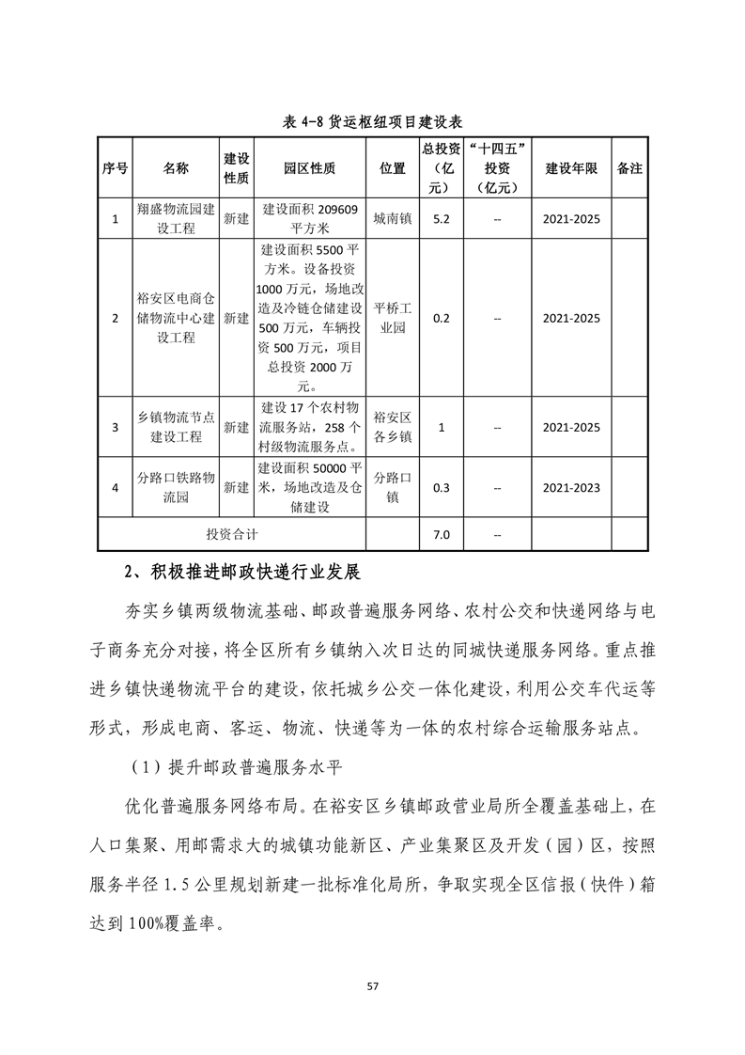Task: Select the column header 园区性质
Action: click(309, 168)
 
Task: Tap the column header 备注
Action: click(629, 168)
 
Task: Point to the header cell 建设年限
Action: click(571, 168)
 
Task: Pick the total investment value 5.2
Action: click(441, 218)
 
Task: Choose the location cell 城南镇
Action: click(392, 218)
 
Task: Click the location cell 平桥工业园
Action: click(392, 318)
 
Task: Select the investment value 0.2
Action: click(441, 318)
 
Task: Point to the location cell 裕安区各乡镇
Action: click(392, 427)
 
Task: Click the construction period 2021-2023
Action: click(571, 487)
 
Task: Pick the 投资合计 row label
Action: click(233, 534)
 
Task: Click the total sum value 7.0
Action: click(441, 534)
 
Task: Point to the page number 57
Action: click(372, 985)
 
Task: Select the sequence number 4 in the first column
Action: click(115, 487)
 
